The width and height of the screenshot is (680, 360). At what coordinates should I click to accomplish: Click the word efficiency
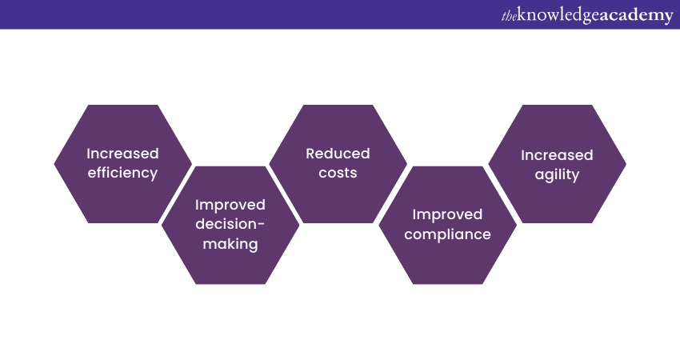coord(122,173)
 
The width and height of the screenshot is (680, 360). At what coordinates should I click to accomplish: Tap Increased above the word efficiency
coord(122,154)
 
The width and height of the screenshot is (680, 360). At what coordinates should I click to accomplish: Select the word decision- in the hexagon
coord(230,224)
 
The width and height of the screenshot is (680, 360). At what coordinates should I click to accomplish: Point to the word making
coord(230,244)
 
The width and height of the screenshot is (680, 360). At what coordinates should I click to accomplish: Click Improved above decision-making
coord(230,205)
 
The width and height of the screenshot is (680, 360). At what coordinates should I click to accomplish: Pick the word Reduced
coord(338,154)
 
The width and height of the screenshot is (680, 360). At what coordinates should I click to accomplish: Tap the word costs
coord(338,173)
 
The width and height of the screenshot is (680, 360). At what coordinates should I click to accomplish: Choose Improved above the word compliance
coord(447,214)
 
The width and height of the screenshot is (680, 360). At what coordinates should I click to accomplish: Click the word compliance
coord(447,234)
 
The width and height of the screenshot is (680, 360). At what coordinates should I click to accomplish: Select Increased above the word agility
coord(557,155)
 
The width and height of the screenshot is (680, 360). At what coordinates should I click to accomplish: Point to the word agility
coord(557,174)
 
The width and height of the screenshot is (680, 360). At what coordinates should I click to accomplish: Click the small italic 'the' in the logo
coord(509,16)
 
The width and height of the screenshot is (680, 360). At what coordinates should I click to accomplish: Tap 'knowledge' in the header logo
coord(558,16)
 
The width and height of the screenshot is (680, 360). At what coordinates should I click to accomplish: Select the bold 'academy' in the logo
coord(637,16)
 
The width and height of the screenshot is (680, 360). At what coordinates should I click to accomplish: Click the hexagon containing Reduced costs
coord(338,164)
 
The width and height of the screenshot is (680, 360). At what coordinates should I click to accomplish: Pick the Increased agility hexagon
coord(558,164)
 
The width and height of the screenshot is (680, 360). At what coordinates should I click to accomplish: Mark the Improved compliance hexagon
coord(447,225)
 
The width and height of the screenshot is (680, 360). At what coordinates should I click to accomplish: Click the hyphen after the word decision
coord(261,225)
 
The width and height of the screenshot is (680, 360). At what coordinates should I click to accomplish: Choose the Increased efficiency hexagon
coord(122,164)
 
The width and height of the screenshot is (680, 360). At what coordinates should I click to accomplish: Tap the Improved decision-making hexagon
coord(230,225)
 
